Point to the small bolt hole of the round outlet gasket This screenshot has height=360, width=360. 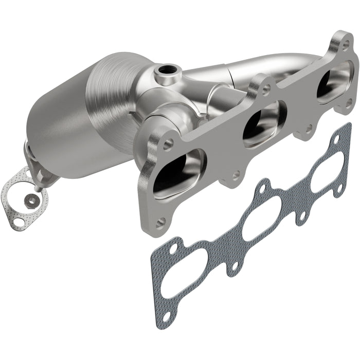click(19, 222)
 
